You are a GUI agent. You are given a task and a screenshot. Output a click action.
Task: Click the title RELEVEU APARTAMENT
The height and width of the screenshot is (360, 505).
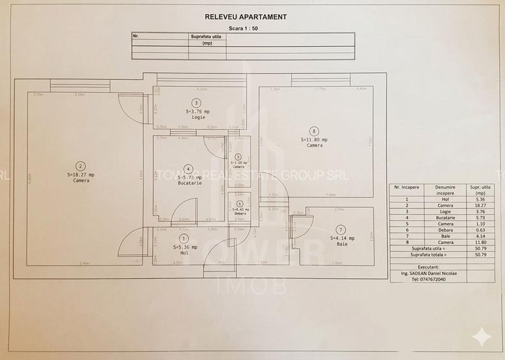click(x=245, y=17)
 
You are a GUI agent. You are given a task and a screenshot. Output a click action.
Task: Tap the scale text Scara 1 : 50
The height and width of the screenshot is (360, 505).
click(x=245, y=28)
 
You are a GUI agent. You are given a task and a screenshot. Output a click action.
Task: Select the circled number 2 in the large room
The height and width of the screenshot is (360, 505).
click(x=81, y=164)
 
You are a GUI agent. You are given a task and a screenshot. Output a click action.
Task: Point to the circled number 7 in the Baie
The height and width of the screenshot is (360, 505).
click(x=340, y=229)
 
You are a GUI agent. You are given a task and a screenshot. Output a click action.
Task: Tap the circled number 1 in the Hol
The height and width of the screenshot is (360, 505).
click(x=184, y=238)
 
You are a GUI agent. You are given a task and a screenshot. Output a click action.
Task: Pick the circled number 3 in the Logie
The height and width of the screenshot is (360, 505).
click(x=196, y=102)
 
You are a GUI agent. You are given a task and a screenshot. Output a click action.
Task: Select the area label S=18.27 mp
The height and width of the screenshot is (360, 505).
click(x=81, y=175)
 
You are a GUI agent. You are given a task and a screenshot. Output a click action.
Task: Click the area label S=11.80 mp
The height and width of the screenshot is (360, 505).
click(x=314, y=139)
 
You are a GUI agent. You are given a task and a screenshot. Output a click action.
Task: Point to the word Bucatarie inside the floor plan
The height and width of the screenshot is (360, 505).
click(x=190, y=184)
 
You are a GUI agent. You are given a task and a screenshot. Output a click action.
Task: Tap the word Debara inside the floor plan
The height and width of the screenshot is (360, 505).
click(x=240, y=214)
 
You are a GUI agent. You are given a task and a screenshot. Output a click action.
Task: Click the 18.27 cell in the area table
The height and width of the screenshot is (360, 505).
click(x=476, y=205)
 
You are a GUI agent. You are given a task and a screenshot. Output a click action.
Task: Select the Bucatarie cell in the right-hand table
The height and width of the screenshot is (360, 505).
click(x=445, y=218)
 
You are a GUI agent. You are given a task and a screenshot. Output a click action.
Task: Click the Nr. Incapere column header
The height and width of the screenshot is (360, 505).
click(x=407, y=187)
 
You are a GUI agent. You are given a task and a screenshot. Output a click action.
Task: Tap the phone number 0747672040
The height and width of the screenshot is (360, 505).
click(x=429, y=279)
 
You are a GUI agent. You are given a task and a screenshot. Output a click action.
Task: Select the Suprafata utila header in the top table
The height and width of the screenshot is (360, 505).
click(x=206, y=36)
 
